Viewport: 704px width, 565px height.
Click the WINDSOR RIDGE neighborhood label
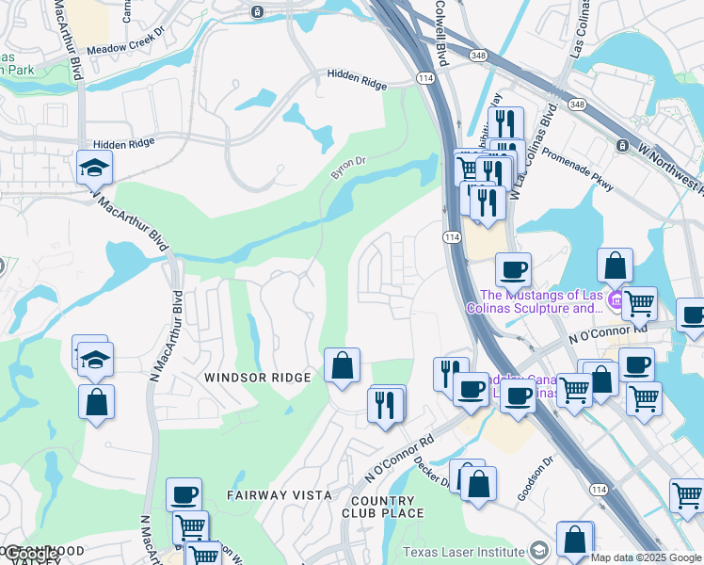coord(257,378)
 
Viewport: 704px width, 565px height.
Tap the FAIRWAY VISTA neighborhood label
coord(279,494)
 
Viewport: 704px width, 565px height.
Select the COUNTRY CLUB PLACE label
coord(381,507)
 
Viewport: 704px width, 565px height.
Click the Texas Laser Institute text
coord(462,552)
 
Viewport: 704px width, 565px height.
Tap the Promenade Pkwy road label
coord(577,172)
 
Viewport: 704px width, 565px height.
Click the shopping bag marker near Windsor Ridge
coord(343,365)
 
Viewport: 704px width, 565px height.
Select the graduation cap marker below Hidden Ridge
coord(95,169)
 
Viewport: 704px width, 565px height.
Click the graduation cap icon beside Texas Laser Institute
coord(539,551)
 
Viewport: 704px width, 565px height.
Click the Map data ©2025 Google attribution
coord(646,557)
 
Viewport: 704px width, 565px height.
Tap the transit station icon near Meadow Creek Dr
coord(257,11)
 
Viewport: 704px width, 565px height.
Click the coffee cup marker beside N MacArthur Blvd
coord(184,495)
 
